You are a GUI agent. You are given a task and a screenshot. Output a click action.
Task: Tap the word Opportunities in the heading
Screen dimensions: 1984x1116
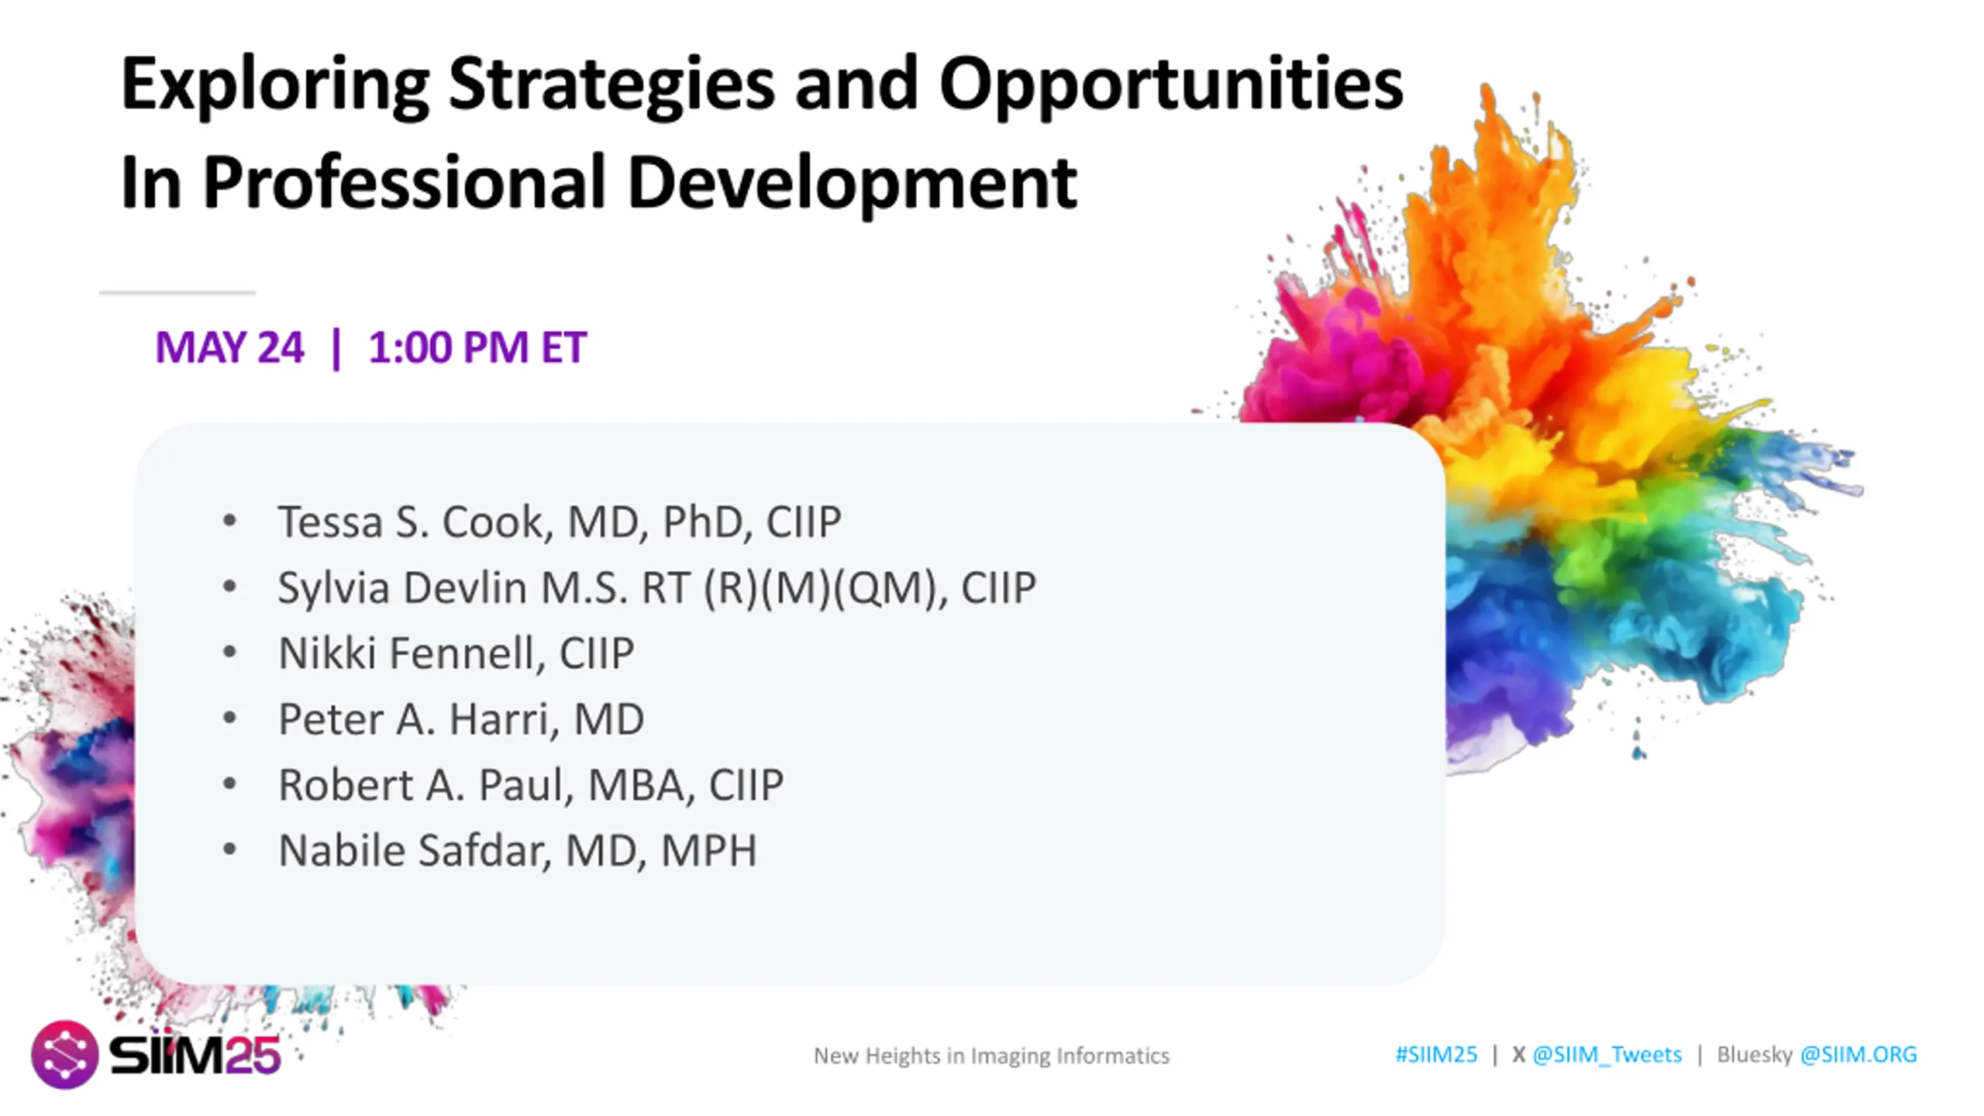click(1171, 85)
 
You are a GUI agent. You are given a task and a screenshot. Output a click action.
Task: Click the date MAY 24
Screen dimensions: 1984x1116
click(229, 347)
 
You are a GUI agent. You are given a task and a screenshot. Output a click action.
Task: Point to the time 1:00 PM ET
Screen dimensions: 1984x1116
click(477, 347)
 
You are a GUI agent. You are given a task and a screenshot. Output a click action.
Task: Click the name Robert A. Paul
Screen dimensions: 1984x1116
click(422, 785)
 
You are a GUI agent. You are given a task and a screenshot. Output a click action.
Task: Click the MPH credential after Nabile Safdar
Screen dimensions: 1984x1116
click(708, 851)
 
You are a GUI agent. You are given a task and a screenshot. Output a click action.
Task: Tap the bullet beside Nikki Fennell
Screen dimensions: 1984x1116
click(229, 653)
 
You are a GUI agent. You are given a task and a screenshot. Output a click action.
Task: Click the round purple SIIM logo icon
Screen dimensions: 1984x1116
click(64, 1055)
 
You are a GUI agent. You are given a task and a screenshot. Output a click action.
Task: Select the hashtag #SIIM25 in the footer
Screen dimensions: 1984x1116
click(1436, 1055)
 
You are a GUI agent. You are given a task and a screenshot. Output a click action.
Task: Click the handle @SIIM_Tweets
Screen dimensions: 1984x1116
click(1607, 1056)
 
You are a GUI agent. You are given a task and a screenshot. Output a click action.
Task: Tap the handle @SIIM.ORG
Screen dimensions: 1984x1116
click(1858, 1055)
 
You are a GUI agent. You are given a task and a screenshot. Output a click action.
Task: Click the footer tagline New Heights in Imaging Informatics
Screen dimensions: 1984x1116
click(991, 1056)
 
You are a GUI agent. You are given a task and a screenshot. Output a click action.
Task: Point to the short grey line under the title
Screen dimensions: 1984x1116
click(177, 293)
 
